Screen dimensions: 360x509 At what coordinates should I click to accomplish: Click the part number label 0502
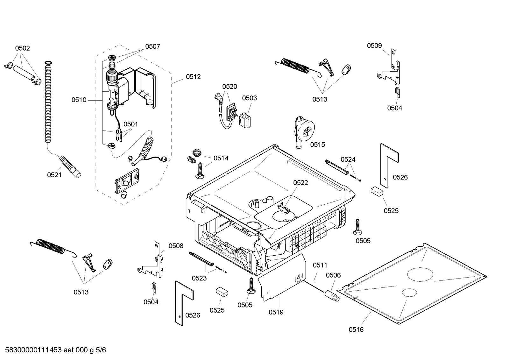(22, 48)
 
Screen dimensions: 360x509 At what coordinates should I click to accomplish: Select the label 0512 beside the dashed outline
(193, 77)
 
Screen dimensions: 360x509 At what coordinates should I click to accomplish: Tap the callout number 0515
(317, 145)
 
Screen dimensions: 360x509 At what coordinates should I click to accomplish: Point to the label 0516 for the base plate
(356, 330)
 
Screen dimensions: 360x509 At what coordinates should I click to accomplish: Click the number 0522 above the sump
(300, 183)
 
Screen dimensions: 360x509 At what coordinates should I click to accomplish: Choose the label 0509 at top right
(374, 46)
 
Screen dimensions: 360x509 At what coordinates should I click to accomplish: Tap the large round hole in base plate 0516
(420, 274)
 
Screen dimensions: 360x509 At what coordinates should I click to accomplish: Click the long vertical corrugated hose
(48, 102)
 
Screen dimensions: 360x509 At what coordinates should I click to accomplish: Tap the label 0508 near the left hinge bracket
(176, 246)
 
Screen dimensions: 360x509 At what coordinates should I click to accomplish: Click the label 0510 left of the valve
(79, 100)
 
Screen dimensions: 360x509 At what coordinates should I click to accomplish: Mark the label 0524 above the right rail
(348, 159)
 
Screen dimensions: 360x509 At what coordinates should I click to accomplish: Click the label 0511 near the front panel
(320, 265)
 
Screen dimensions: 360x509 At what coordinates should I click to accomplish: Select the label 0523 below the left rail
(199, 278)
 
